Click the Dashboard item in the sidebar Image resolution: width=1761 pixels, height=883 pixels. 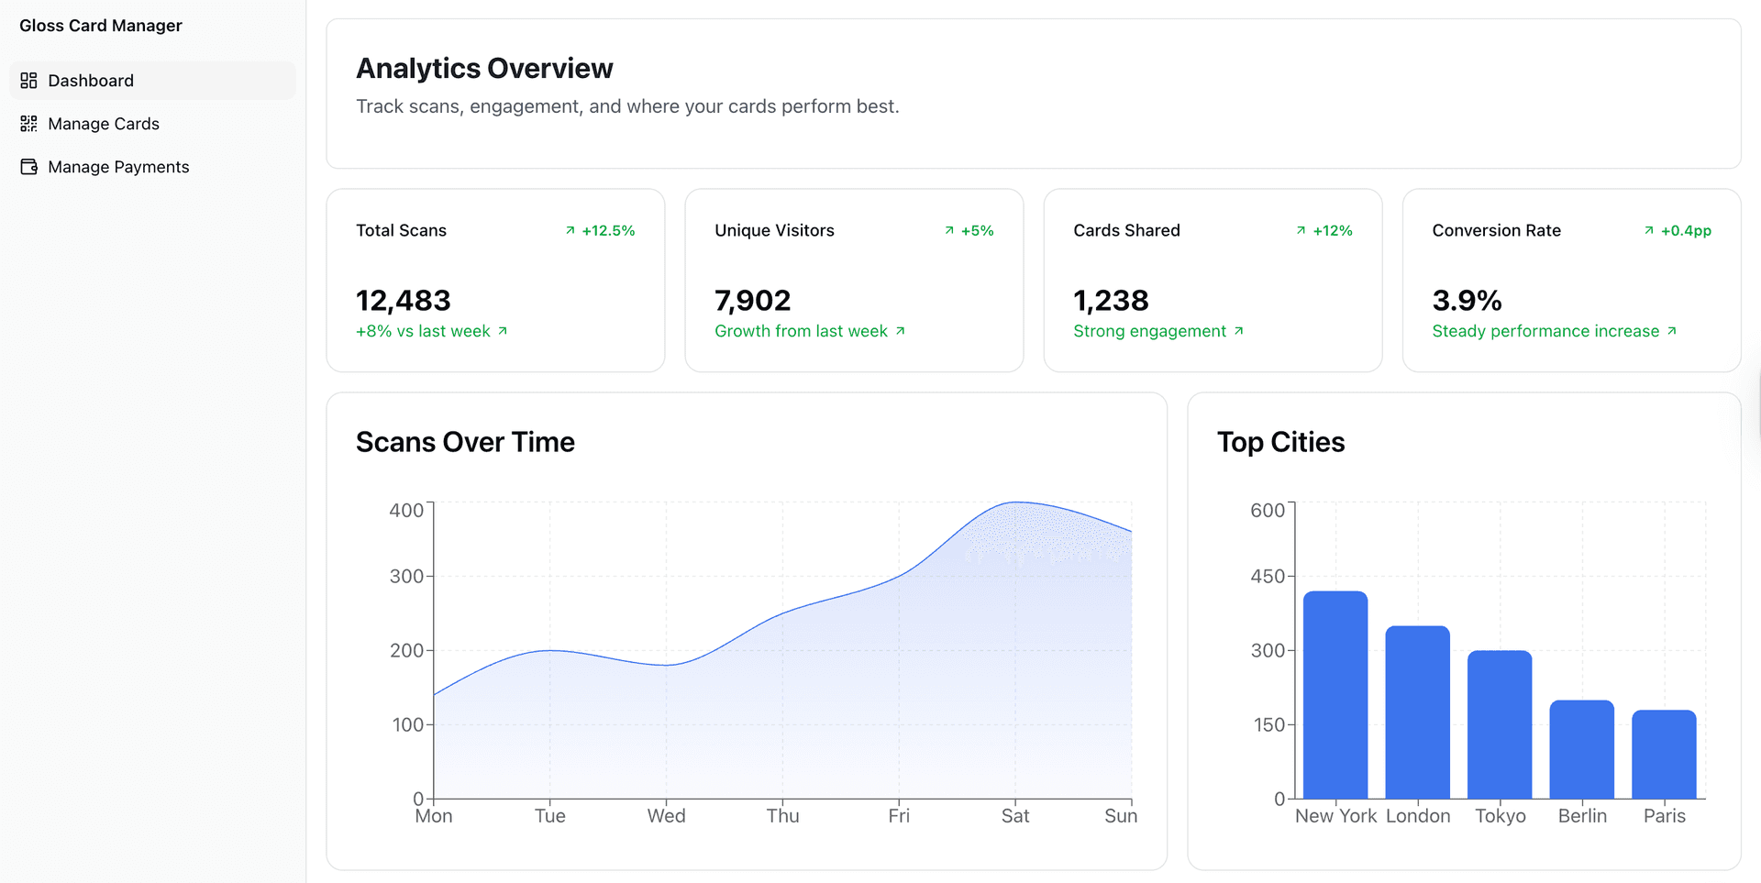coord(90,81)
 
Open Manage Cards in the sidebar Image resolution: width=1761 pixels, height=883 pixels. coord(103,124)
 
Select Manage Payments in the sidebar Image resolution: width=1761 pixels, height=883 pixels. coord(117,167)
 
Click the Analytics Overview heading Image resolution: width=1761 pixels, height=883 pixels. coord(484,69)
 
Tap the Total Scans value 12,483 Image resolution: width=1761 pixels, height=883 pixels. coord(403,301)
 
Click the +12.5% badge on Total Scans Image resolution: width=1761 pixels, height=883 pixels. coord(601,231)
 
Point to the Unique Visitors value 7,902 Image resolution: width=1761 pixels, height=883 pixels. coord(752,301)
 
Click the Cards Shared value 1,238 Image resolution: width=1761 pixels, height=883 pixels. coord(1111,301)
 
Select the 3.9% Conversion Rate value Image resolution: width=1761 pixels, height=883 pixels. coord(1467,301)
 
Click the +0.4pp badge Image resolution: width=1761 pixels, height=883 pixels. coord(1678,231)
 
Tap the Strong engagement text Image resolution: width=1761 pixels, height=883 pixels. coord(1150,331)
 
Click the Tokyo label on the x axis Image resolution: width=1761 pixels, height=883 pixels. coord(1500,816)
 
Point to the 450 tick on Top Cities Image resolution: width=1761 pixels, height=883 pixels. coord(1268,577)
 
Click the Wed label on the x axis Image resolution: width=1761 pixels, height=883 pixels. coord(666,816)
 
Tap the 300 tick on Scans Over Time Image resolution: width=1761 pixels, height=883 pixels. coord(406,577)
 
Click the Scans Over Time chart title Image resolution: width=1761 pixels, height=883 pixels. coord(465,443)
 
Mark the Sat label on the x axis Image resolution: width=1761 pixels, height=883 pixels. coord(1014,816)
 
